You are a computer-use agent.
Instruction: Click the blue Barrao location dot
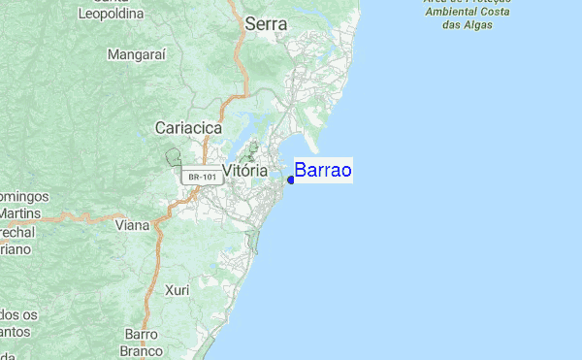tap(291, 180)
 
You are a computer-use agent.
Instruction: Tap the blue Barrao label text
tap(323, 171)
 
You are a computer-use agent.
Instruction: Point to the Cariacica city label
tap(189, 127)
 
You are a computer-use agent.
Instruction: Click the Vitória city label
tap(244, 171)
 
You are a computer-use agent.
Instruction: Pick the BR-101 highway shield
tap(202, 178)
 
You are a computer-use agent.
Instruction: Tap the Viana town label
tap(132, 225)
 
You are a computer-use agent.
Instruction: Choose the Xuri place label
tap(177, 290)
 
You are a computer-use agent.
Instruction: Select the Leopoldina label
tap(111, 15)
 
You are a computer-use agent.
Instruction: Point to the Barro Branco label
tap(141, 343)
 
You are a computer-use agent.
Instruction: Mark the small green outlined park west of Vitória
tap(174, 156)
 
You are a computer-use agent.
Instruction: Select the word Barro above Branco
tap(142, 335)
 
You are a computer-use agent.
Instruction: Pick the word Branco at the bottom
tap(141, 351)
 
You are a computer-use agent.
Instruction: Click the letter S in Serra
tap(252, 24)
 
